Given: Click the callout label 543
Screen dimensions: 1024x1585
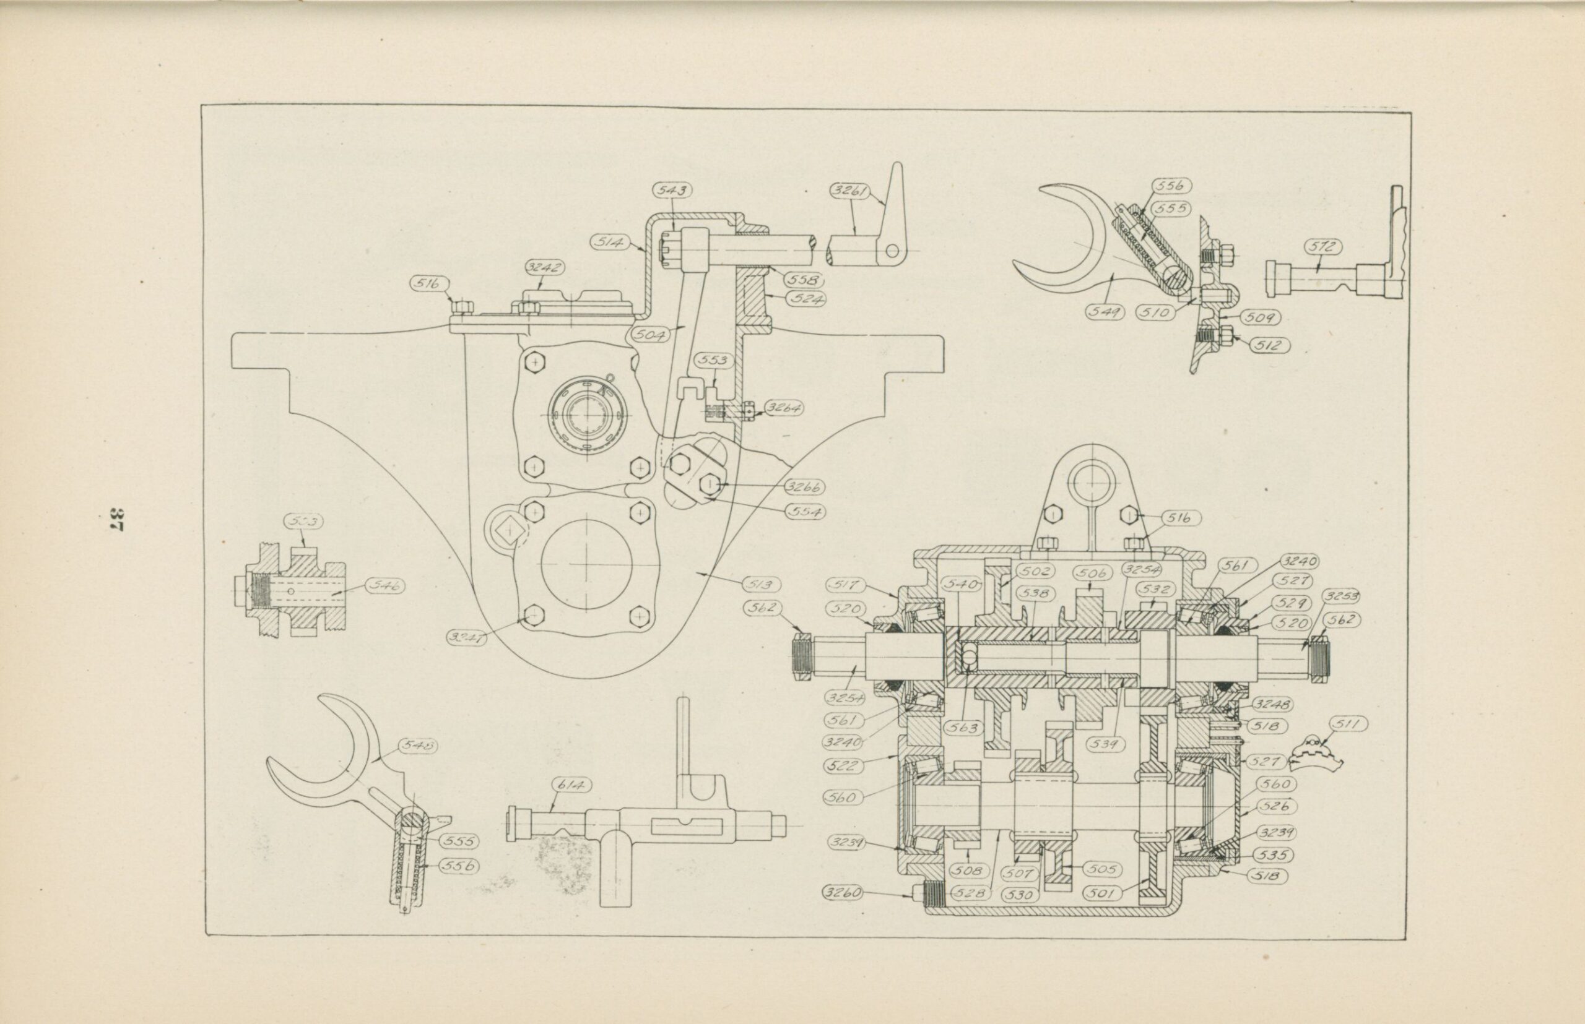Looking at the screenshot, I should coord(672,191).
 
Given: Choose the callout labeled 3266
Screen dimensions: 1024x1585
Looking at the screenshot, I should coord(804,487).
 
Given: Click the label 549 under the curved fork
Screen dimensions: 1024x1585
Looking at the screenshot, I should coord(1103,311).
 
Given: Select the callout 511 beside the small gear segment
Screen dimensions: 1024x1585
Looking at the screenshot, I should coord(1348,725).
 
